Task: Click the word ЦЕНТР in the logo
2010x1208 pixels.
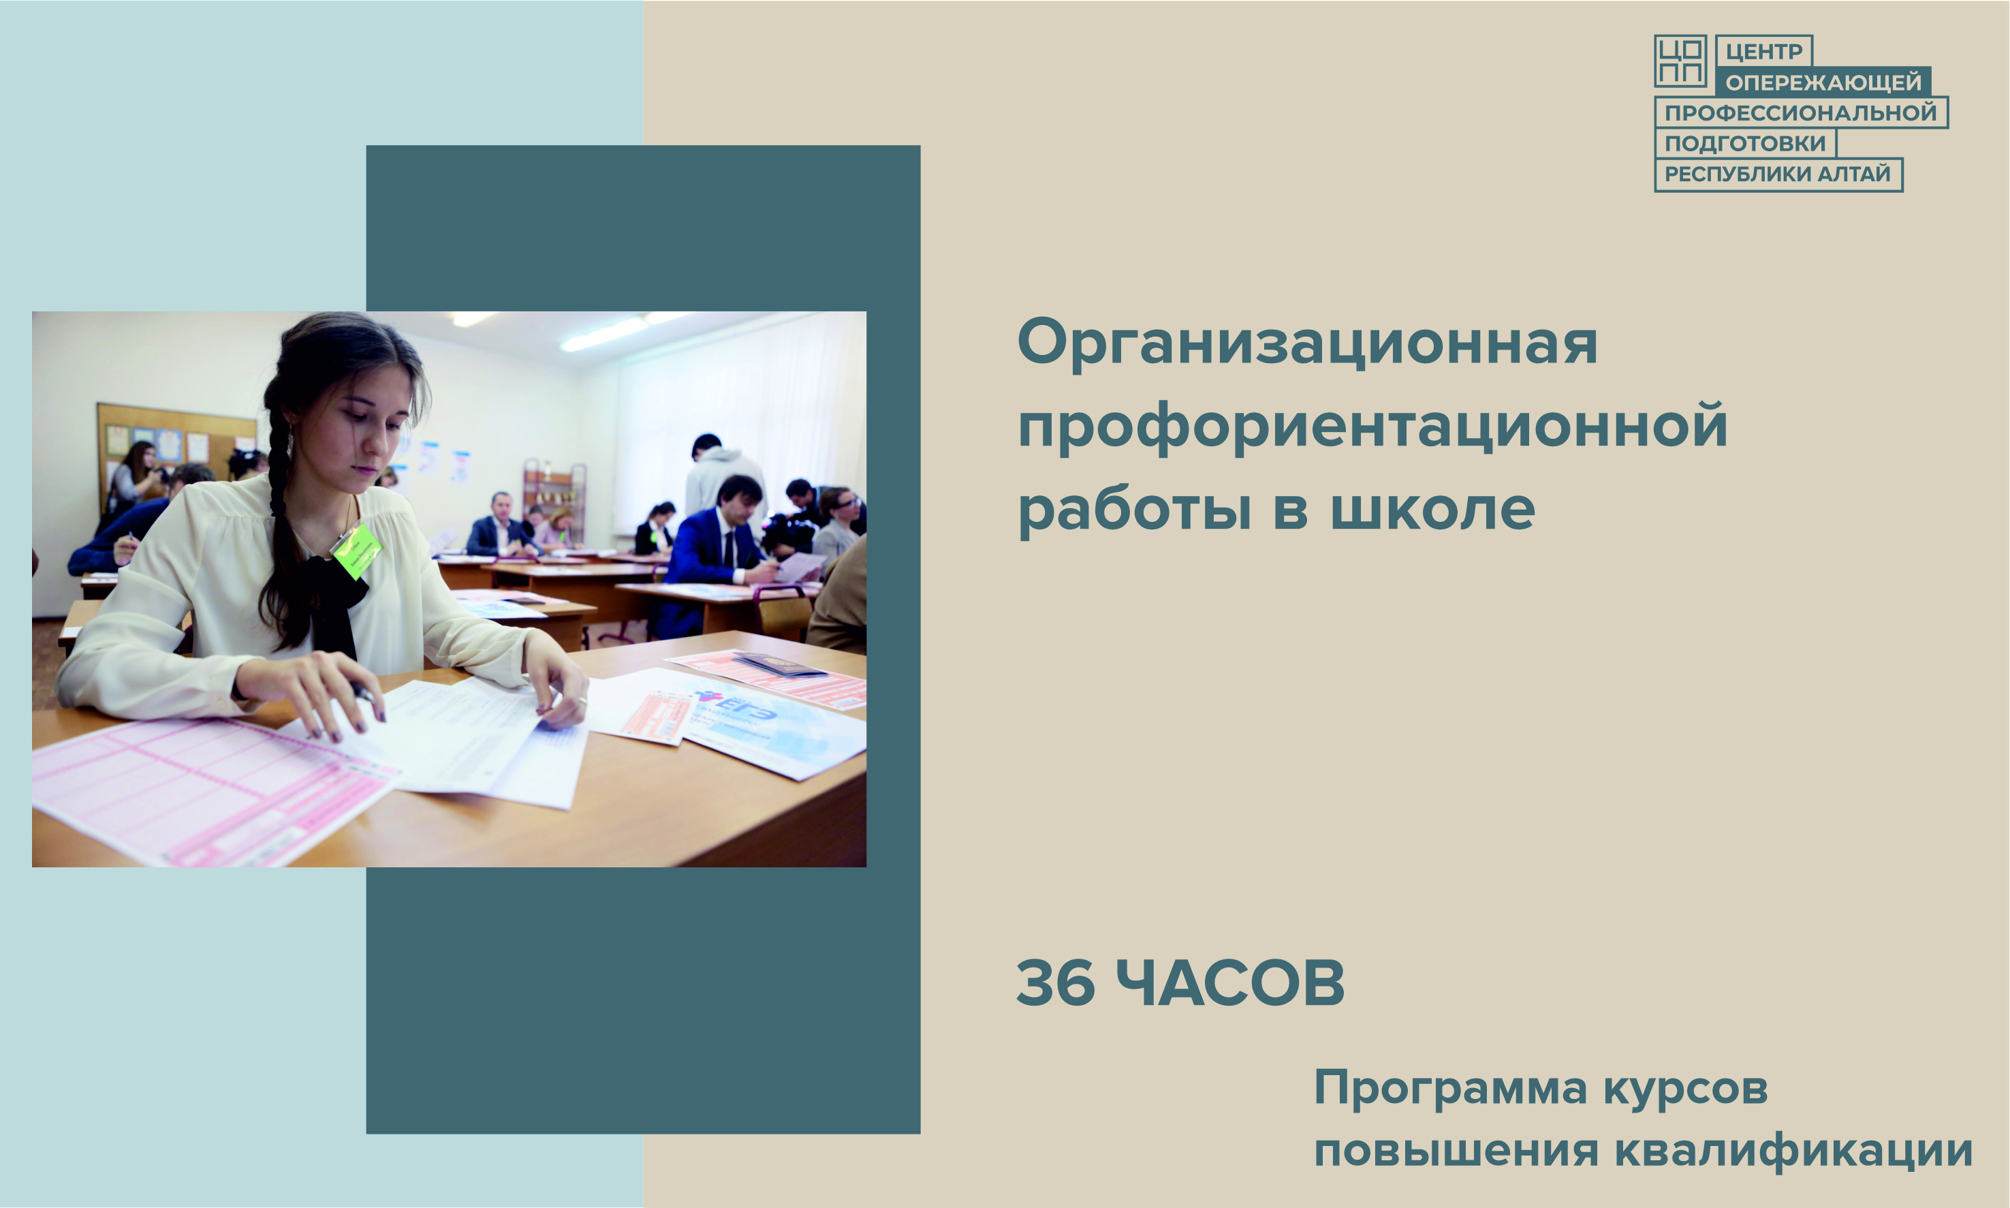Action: pyautogui.click(x=1763, y=51)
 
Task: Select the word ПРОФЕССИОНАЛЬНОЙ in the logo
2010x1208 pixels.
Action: pyautogui.click(x=1800, y=112)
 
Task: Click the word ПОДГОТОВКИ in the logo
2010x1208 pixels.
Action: pyautogui.click(x=1745, y=143)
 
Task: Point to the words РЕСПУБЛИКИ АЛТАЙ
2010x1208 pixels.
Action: pyautogui.click(x=1777, y=173)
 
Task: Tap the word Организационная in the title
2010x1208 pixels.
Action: pyautogui.click(x=1307, y=344)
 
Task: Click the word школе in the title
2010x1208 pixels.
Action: pyautogui.click(x=1432, y=510)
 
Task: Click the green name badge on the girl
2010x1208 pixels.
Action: pyautogui.click(x=356, y=551)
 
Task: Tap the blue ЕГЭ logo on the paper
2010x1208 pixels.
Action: pyautogui.click(x=735, y=705)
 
